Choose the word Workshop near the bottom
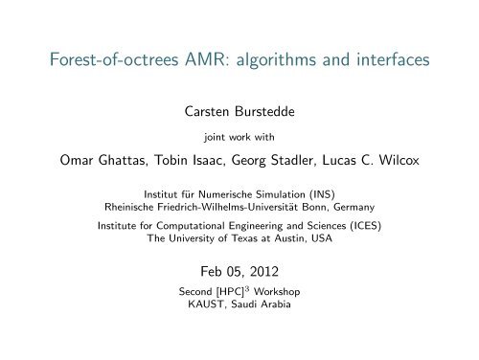(x=287, y=290)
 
